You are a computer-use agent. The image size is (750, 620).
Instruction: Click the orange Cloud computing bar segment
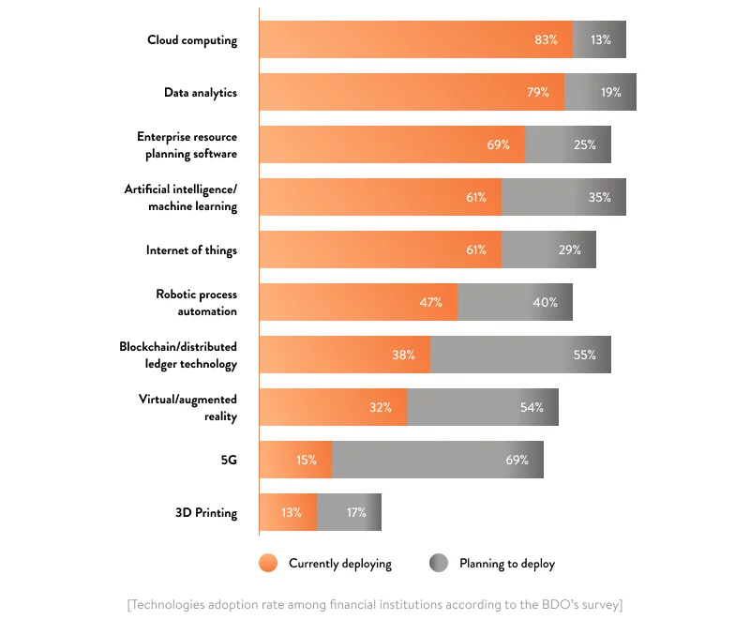click(x=412, y=40)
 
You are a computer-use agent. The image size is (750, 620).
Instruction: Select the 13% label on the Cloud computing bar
click(x=601, y=40)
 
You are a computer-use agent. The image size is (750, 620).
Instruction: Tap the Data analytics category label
click(x=201, y=93)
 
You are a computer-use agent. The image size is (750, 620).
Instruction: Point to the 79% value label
click(x=537, y=93)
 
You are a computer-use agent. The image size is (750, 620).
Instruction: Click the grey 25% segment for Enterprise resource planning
click(x=568, y=145)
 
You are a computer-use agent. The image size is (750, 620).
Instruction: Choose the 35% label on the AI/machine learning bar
click(x=600, y=198)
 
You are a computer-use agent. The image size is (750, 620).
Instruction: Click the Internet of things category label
click(x=191, y=250)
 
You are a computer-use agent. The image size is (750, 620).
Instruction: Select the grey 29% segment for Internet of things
click(x=548, y=250)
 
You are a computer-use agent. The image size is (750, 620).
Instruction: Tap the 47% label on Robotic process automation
click(x=430, y=303)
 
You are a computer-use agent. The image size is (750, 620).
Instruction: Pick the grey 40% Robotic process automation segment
click(x=516, y=303)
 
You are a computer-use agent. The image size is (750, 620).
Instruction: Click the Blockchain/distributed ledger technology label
click(x=178, y=355)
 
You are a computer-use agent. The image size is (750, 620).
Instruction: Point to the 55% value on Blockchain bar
click(x=585, y=355)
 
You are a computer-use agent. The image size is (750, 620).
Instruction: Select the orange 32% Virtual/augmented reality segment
click(x=333, y=408)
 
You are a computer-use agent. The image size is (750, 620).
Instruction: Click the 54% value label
click(x=532, y=408)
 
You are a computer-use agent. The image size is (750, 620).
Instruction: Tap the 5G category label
click(x=228, y=461)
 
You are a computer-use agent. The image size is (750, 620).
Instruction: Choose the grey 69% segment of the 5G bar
click(x=437, y=461)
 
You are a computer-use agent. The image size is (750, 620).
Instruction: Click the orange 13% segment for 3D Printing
click(x=287, y=513)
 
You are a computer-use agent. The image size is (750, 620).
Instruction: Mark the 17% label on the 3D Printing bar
click(x=355, y=513)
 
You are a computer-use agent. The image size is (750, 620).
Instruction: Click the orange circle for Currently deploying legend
click(x=268, y=564)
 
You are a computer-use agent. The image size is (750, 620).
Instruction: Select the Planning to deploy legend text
click(x=506, y=564)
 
